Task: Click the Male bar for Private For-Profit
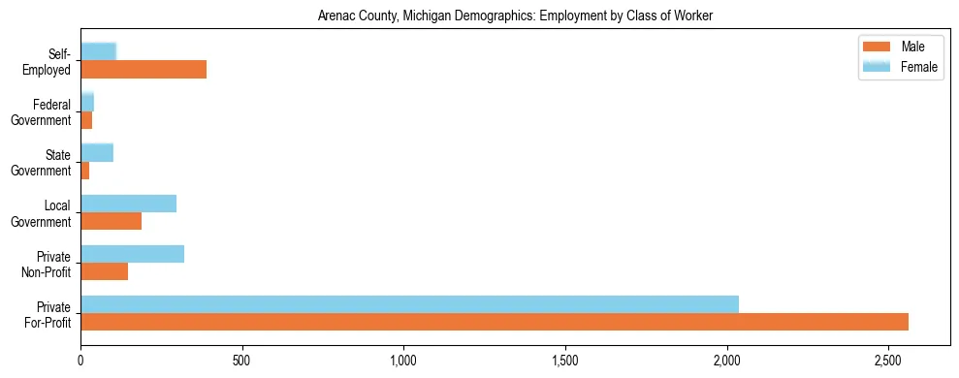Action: [495, 322]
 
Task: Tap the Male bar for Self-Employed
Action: [144, 70]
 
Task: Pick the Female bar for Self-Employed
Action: [98, 51]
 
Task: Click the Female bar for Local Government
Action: [128, 204]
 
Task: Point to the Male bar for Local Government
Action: [111, 221]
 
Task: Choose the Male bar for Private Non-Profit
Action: [104, 271]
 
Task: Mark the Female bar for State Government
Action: [97, 152]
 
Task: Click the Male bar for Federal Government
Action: [86, 120]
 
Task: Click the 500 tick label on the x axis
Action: [242, 362]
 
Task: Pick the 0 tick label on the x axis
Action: [80, 362]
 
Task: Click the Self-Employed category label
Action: [48, 61]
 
